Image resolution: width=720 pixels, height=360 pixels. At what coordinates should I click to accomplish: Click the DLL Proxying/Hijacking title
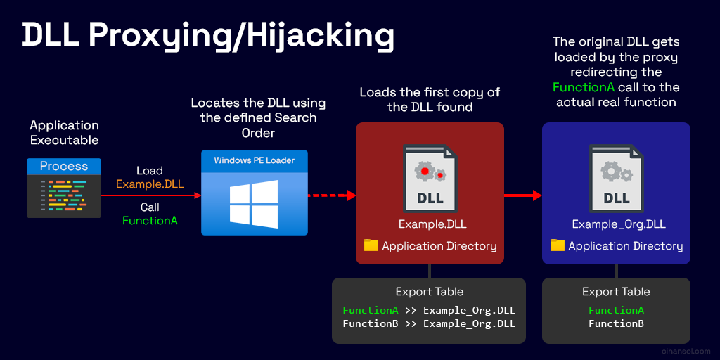(x=208, y=36)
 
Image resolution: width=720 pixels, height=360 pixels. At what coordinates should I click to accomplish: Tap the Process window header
(x=64, y=166)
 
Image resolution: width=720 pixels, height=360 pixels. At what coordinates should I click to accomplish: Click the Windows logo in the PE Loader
(x=254, y=205)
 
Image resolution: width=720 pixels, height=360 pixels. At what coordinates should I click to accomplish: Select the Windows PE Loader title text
(x=255, y=161)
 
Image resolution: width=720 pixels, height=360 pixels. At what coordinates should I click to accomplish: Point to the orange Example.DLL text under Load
(x=150, y=185)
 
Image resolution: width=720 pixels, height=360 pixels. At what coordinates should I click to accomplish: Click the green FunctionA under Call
(x=150, y=220)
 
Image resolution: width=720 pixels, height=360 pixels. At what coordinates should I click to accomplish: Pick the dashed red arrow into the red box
(x=332, y=195)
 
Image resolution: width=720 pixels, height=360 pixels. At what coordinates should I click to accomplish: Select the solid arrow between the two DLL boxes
(x=523, y=195)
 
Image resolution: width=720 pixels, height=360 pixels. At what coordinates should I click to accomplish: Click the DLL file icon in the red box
(x=430, y=179)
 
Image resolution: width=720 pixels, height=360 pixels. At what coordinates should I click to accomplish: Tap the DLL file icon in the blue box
(x=616, y=179)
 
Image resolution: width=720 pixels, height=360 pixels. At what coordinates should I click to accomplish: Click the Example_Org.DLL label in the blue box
(x=619, y=224)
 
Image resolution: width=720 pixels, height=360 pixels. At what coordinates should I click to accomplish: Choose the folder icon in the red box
(x=371, y=245)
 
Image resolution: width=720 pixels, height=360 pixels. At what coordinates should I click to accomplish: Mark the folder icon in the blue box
(x=558, y=245)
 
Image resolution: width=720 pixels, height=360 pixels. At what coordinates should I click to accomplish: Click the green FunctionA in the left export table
(x=371, y=310)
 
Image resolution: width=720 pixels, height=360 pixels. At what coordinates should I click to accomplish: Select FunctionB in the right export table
(x=616, y=323)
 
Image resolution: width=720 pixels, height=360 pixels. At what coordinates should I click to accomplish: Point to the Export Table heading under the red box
(x=430, y=292)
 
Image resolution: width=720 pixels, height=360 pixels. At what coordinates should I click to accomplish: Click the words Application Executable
(x=64, y=133)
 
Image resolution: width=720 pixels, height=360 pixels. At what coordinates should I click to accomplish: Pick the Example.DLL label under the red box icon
(x=430, y=224)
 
